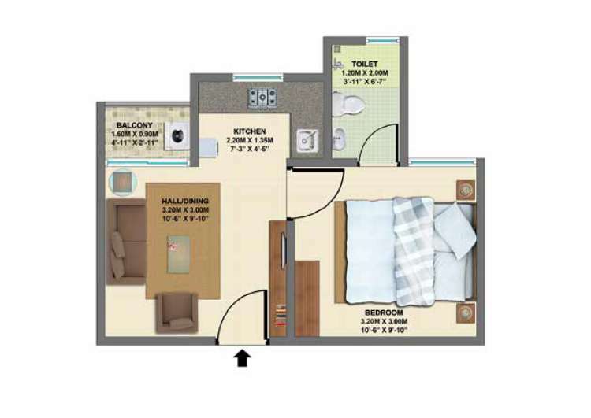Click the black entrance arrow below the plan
[x=243, y=358]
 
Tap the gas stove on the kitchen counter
[x=262, y=98]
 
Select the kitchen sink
[x=307, y=141]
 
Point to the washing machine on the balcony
[x=177, y=136]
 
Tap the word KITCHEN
[x=250, y=131]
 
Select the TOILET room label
[x=365, y=64]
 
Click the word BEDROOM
[x=384, y=313]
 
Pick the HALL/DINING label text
[x=185, y=201]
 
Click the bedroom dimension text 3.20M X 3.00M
[x=384, y=321]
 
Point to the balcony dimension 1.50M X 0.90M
[x=135, y=134]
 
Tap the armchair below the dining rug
[x=177, y=313]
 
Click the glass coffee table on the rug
[x=179, y=253]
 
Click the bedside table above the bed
[x=466, y=191]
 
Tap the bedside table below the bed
[x=466, y=313]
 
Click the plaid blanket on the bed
[x=414, y=252]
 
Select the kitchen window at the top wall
[x=258, y=78]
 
